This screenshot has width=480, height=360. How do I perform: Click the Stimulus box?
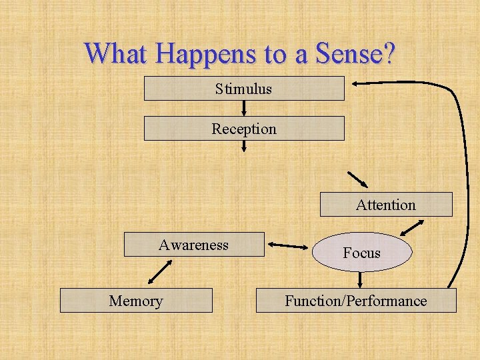244,89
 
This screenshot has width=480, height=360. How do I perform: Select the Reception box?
244,129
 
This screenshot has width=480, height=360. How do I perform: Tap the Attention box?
386,205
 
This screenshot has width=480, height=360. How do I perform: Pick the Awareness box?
194,245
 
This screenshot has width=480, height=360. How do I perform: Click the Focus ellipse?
362,253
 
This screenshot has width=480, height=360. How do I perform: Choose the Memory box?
136,301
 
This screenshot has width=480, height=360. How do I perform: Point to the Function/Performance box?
356,301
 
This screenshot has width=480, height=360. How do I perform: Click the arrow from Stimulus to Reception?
244,108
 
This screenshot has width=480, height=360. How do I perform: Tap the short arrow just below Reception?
244,146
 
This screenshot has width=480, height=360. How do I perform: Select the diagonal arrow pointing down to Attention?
358,180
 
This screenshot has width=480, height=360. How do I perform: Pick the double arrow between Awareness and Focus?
288,247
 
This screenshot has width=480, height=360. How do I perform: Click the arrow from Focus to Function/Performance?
361,279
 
